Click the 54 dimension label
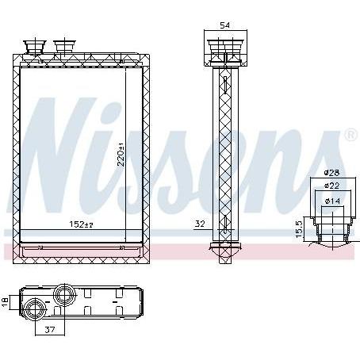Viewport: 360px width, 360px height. (x=225, y=25)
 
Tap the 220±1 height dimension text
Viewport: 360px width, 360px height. (x=121, y=159)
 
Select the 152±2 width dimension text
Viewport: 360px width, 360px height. (x=82, y=224)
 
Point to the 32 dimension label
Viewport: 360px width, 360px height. (x=200, y=224)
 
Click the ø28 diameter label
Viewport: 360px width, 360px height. (x=331, y=173)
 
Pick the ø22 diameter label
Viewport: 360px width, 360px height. (x=331, y=186)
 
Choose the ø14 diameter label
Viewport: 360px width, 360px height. (x=332, y=201)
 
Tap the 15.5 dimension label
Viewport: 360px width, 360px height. (x=299, y=229)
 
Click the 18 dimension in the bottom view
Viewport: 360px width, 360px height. (x=5, y=302)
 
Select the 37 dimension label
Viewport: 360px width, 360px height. (x=49, y=330)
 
